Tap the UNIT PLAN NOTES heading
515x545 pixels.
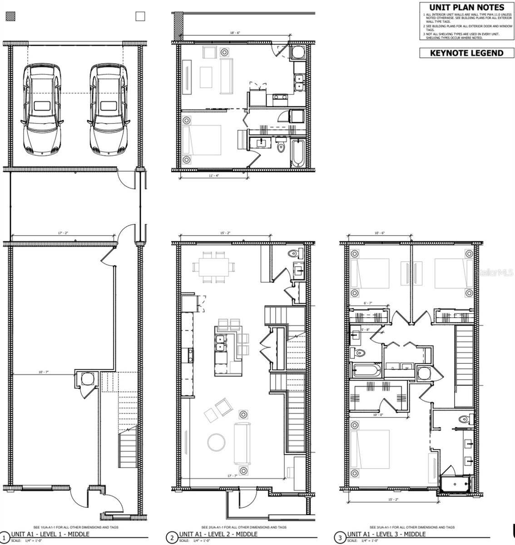466,7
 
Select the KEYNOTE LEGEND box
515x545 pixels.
466,53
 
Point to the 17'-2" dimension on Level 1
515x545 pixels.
63,233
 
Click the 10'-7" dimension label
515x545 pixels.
43,372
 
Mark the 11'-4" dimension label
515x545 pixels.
213,176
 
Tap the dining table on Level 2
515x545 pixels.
214,267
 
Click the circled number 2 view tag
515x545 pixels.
172,538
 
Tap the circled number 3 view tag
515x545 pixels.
340,538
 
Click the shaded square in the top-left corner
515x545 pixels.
10,17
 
